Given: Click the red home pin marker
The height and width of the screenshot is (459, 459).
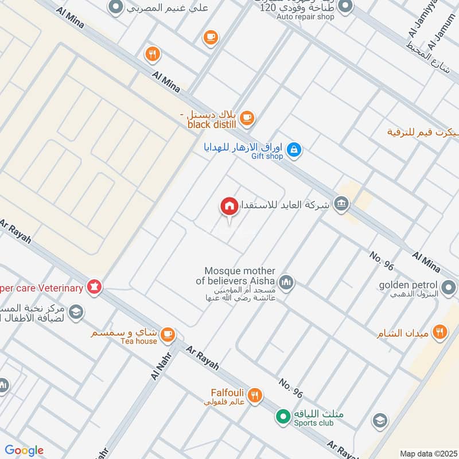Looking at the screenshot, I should coord(229,205).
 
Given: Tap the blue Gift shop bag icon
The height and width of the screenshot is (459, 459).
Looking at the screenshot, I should coord(294,150).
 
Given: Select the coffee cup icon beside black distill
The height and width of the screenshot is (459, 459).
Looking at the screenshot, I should coord(247,118).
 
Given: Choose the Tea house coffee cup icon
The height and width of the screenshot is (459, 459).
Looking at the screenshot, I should coord(167,334).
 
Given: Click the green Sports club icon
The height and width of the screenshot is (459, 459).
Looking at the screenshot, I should coord(282,416).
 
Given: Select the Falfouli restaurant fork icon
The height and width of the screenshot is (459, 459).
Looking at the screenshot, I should coord(255,395).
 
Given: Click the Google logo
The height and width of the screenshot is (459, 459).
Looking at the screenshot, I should coord(24,450).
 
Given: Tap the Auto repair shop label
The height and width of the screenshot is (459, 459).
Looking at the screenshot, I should coord(305,17).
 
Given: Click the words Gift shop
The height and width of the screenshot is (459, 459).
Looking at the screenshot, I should coord(267,157).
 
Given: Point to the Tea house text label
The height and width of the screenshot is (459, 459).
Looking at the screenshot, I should coord(138,341).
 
